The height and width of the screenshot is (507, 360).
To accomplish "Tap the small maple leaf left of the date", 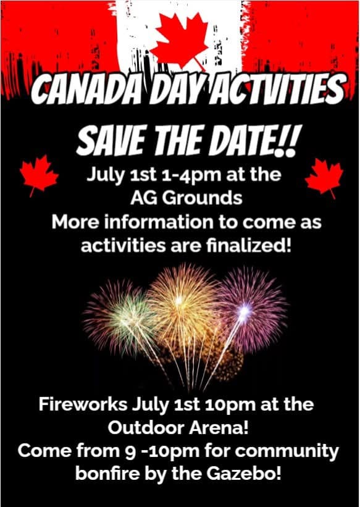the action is point(38,175).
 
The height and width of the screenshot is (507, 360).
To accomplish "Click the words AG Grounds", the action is point(186,198).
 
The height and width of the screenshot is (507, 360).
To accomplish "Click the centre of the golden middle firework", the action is point(180,301).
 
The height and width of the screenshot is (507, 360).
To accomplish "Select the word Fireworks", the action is point(83,405).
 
